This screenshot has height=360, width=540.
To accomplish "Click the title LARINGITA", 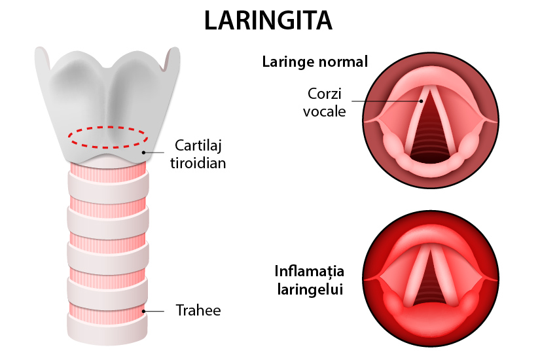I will pos(268,21).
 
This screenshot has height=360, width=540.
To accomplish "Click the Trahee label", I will pos(198,310).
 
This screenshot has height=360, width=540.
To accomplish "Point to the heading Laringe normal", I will pos(315,62).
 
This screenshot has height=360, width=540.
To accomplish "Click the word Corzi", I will pos(320,94).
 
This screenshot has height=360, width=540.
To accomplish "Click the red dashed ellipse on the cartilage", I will pos(109,128).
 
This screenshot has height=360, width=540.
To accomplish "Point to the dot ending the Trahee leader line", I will pos(143,311).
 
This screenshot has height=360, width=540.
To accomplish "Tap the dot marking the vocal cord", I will pos(422,101).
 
